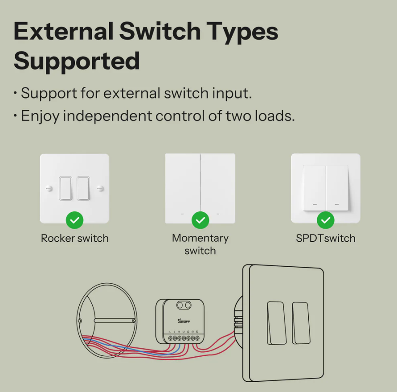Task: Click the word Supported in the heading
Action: tap(77, 61)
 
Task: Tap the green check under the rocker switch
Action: tap(74, 220)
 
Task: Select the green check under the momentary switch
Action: tap(200, 220)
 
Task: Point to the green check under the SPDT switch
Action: tap(326, 220)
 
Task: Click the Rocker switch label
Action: tap(74, 238)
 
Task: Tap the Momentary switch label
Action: tap(200, 244)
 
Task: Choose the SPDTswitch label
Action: tap(326, 238)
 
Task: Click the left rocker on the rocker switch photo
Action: tap(65, 188)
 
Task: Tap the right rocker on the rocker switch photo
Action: tap(83, 188)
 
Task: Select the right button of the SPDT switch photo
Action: tap(337, 188)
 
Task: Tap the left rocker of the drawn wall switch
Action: tap(276, 323)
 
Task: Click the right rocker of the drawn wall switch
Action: tap(301, 323)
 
